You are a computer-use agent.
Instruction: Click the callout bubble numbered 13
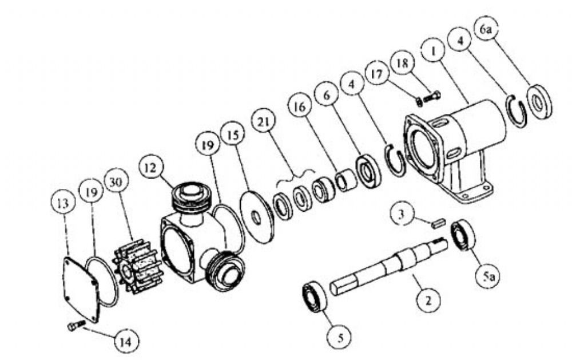tap(63, 203)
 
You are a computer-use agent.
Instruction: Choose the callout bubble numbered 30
tap(116, 182)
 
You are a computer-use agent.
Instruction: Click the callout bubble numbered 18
tap(402, 64)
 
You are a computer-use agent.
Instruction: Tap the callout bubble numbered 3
tap(402, 214)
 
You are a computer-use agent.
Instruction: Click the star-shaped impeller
tap(137, 265)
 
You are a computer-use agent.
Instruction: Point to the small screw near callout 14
tap(76, 326)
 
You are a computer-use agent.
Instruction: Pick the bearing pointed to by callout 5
tap(315, 296)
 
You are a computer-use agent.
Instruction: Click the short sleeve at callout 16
tap(345, 180)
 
